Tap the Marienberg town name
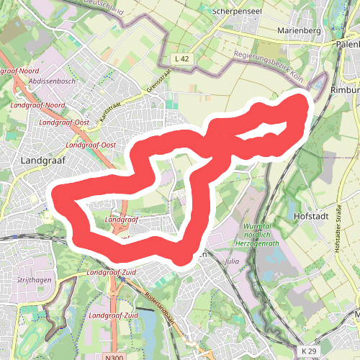[298, 32]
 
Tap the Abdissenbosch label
[52, 81]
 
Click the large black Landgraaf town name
[43, 161]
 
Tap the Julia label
[231, 261]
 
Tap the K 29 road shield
[308, 351]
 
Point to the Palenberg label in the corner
[347, 44]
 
